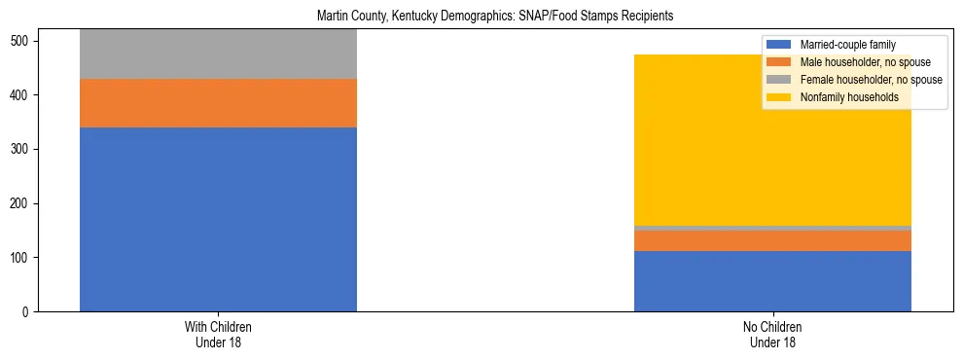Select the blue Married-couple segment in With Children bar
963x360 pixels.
(x=218, y=219)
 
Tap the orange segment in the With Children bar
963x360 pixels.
(x=218, y=103)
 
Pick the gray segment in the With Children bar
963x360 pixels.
(x=218, y=54)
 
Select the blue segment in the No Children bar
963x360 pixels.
(x=772, y=281)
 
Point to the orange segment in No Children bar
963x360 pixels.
(x=772, y=240)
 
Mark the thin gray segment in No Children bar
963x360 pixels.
(x=772, y=228)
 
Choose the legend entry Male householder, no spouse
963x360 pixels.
(x=865, y=62)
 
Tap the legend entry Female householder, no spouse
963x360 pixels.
(x=870, y=80)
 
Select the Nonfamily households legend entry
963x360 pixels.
(x=848, y=97)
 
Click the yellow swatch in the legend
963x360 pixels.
(x=779, y=97)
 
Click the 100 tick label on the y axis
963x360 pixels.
(x=21, y=258)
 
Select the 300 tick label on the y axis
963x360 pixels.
(x=21, y=149)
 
